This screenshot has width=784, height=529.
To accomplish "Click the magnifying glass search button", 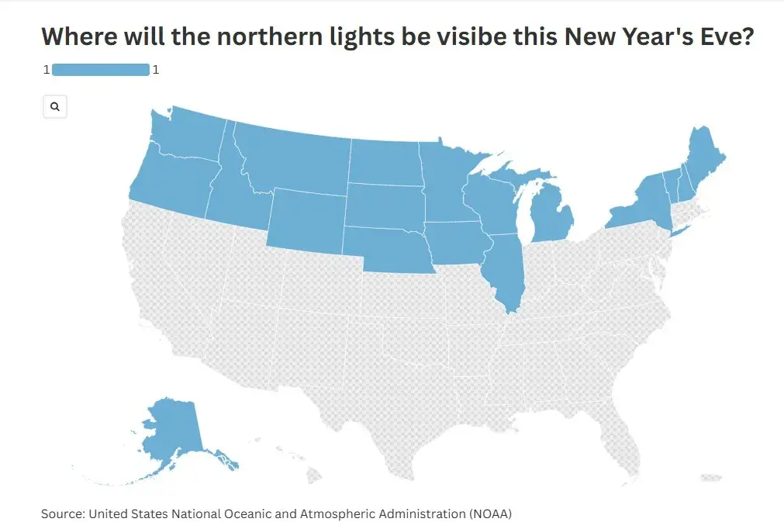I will click(x=54, y=107).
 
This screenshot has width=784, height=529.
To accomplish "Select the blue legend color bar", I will click(x=100, y=70).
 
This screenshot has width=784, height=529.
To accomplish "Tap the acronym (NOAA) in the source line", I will click(x=489, y=513).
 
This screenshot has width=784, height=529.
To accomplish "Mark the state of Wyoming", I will click(x=306, y=214).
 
